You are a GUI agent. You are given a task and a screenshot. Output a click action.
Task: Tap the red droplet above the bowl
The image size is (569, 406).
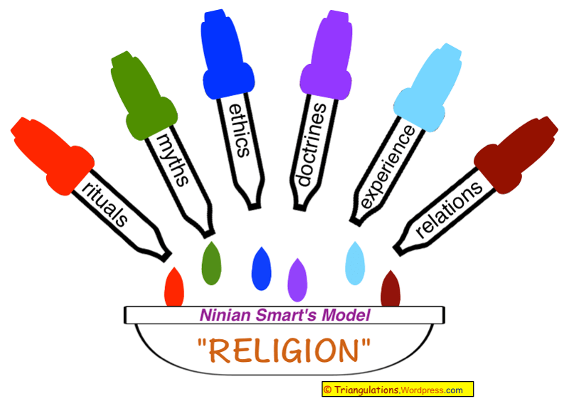click(x=174, y=289)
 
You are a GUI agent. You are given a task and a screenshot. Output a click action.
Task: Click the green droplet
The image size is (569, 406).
click(x=211, y=265)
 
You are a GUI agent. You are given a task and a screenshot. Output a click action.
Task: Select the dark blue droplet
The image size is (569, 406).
click(x=262, y=269)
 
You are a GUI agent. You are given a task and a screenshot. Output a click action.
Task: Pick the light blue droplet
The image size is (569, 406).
click(x=354, y=265)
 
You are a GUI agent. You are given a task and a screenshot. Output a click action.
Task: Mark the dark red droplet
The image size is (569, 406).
click(x=391, y=290)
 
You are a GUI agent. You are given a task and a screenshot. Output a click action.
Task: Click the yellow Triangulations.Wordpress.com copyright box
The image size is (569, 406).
click(x=397, y=390)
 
